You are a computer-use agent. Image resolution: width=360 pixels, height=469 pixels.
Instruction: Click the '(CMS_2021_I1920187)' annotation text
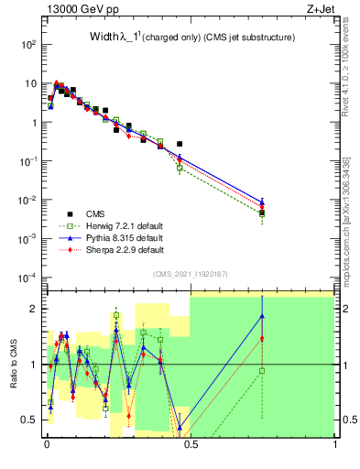pyautogui.click(x=190, y=272)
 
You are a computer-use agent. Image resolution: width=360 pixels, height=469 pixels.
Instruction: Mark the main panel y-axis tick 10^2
pyautogui.click(x=28, y=44)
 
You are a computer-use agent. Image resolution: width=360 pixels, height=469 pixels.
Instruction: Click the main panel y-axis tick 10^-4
pyautogui.click(x=28, y=278)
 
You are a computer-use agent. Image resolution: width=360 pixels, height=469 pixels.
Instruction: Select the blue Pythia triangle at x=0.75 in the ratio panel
pyautogui.click(x=262, y=316)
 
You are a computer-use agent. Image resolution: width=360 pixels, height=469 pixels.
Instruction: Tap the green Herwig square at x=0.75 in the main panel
pyautogui.click(x=262, y=214)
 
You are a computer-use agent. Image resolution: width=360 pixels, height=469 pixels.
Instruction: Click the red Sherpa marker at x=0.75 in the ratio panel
pyautogui.click(x=262, y=338)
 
